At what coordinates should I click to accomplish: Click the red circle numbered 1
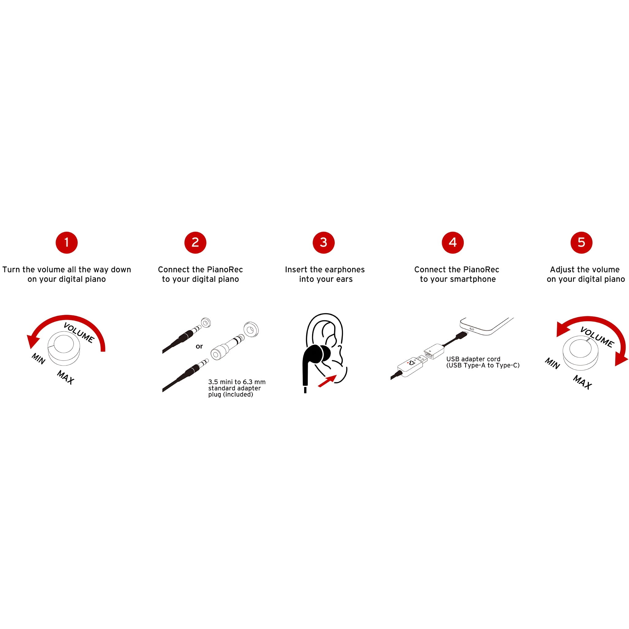[67, 243]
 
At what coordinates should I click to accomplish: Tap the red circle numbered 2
[195, 243]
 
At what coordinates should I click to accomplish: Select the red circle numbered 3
[324, 243]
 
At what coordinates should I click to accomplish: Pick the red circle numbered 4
[452, 243]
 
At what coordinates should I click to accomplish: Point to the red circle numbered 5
[581, 243]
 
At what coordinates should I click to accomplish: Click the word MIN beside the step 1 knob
[38, 359]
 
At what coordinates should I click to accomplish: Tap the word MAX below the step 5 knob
[582, 382]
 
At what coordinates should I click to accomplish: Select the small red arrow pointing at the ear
[327, 381]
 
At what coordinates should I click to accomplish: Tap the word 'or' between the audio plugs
[199, 346]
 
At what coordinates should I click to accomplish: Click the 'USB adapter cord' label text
[473, 359]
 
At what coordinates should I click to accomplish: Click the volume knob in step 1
[64, 348]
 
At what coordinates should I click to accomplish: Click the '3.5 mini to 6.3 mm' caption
[237, 382]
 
